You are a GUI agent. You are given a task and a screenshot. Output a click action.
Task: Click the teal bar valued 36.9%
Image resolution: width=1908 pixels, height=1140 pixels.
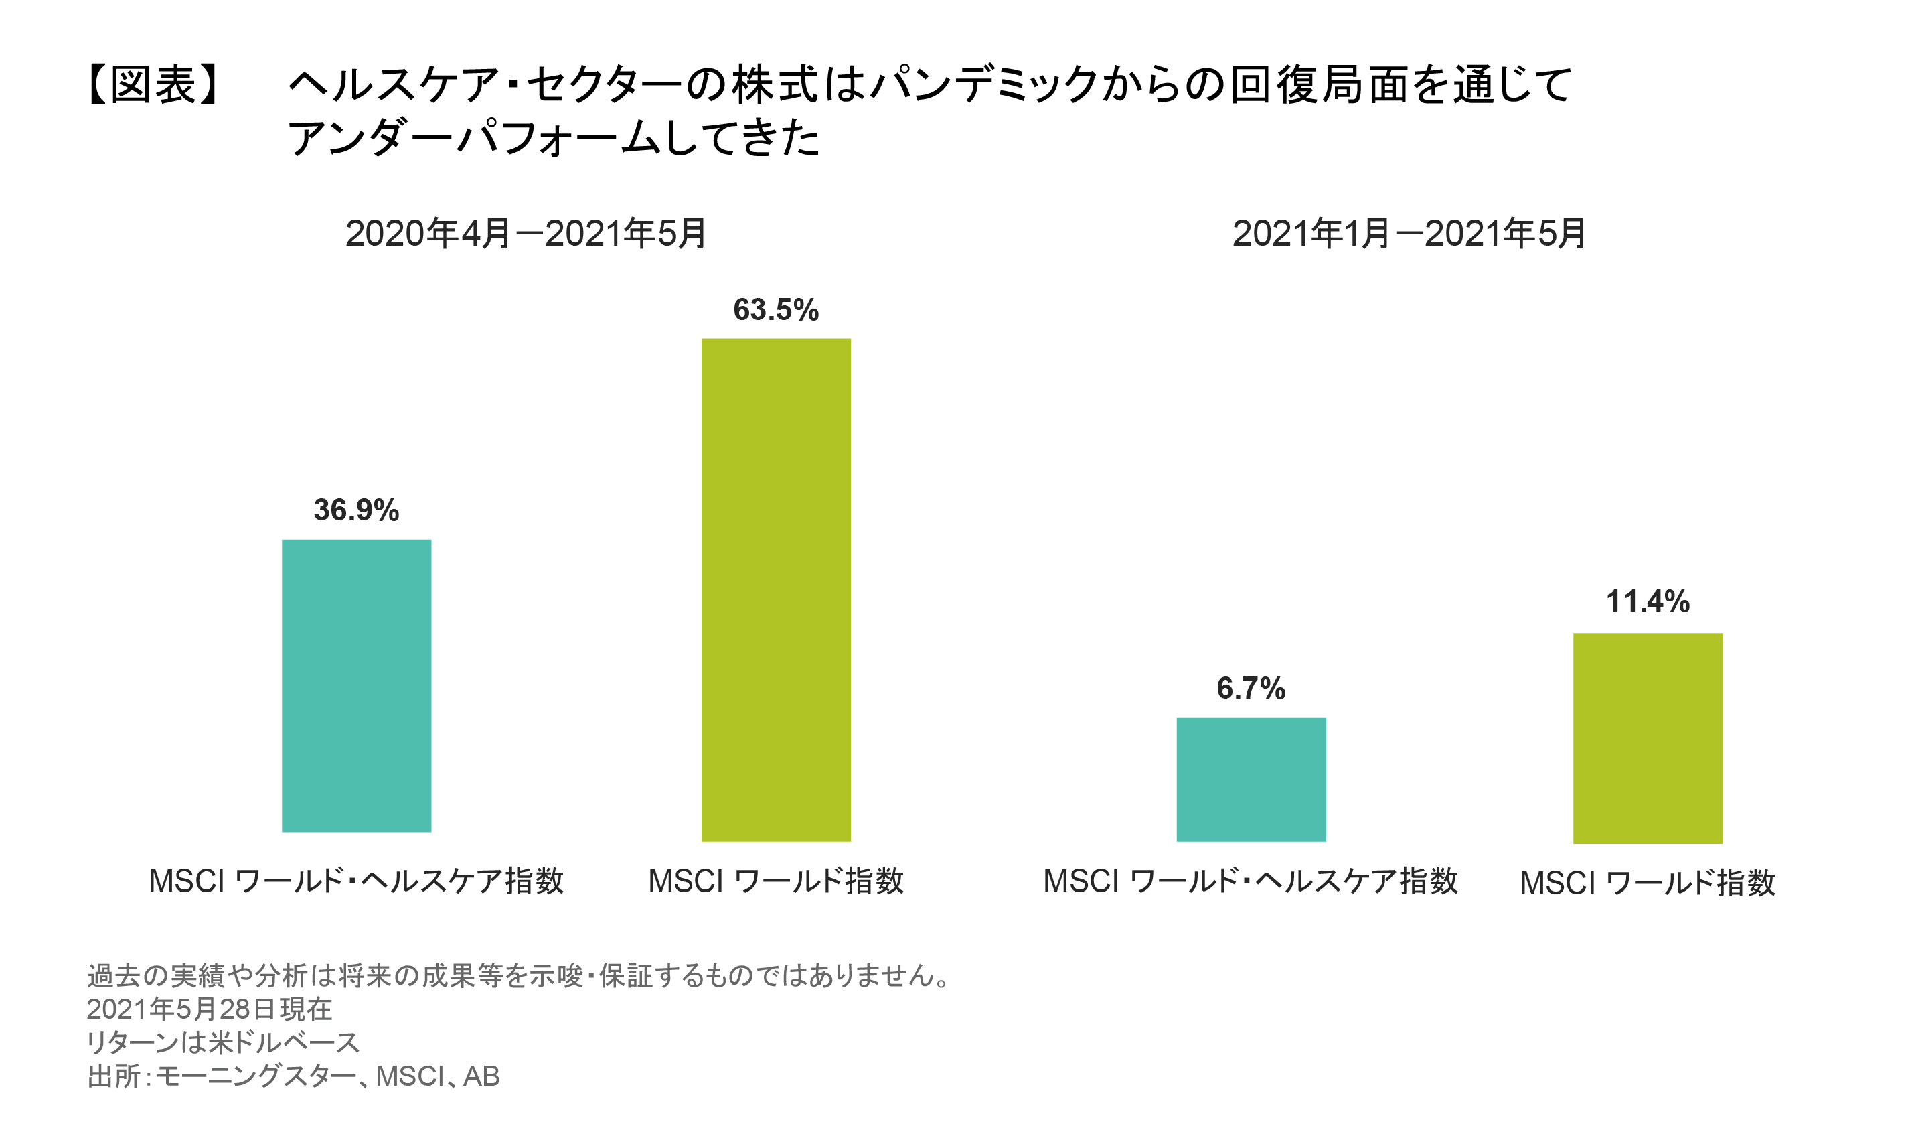pyautogui.click(x=356, y=685)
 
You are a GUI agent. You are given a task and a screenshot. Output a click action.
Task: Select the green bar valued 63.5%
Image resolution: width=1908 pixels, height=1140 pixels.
pyautogui.click(x=775, y=589)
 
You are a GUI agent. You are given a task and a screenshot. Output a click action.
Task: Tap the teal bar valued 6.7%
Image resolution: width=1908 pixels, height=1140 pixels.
pyautogui.click(x=1251, y=779)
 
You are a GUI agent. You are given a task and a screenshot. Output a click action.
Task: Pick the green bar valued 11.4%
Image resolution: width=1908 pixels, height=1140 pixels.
pyautogui.click(x=1648, y=737)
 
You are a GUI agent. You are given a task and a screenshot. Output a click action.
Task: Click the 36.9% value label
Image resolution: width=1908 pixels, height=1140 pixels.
pyautogui.click(x=356, y=510)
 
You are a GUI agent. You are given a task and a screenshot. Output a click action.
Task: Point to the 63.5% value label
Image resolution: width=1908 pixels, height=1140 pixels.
pyautogui.click(x=775, y=309)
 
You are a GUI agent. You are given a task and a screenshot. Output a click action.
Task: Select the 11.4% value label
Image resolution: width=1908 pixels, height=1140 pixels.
pyautogui.click(x=1648, y=601)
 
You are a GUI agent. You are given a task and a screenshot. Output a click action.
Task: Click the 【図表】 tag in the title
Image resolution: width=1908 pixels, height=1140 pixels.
pyautogui.click(x=153, y=84)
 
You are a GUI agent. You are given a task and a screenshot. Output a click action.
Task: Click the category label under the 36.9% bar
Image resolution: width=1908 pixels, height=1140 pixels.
pyautogui.click(x=356, y=880)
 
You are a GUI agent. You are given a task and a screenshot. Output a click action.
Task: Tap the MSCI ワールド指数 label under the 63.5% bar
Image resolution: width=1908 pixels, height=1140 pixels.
pyautogui.click(x=775, y=880)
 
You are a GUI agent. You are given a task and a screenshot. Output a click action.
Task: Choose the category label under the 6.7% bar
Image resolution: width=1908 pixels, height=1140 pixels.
pyautogui.click(x=1250, y=880)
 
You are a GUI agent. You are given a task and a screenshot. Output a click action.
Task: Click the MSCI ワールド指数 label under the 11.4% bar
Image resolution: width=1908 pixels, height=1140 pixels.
pyautogui.click(x=1648, y=883)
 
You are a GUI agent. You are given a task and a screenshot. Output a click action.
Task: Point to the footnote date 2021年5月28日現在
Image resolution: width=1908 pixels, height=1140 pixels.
pyautogui.click(x=209, y=1009)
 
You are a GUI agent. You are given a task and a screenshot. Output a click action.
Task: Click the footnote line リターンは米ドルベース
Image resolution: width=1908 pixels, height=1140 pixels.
pyautogui.click(x=223, y=1042)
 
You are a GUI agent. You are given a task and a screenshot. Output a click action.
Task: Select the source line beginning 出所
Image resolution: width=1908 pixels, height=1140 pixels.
pyautogui.click(x=293, y=1076)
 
